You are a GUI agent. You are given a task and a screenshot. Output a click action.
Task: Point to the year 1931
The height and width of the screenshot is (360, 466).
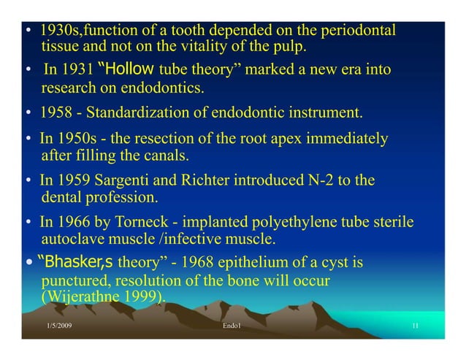pos(77,71)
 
